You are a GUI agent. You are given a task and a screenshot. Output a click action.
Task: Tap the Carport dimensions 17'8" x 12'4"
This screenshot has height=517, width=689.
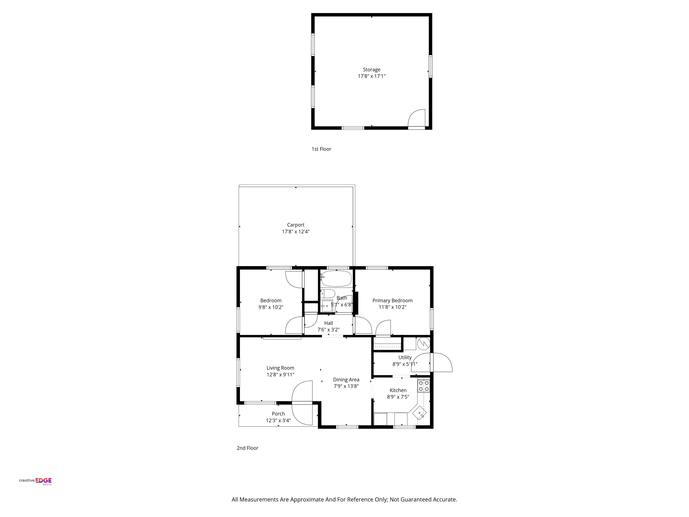[296, 232]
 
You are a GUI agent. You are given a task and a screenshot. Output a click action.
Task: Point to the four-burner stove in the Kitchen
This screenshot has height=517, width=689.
[424, 386]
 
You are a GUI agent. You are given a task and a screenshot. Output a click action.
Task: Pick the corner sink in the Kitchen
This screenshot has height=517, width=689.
[419, 413]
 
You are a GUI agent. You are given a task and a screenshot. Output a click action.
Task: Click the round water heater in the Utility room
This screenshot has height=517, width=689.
[424, 344]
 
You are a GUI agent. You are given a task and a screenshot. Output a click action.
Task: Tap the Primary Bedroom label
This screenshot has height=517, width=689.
[392, 300]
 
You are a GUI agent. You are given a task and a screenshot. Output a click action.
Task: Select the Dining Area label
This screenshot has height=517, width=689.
[346, 380]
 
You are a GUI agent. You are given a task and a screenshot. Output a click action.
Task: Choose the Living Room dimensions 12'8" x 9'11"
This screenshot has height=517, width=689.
[280, 375]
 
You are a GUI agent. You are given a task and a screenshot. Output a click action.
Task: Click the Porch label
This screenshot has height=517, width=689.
[278, 414]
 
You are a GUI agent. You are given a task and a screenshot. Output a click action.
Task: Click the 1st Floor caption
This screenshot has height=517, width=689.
[321, 149]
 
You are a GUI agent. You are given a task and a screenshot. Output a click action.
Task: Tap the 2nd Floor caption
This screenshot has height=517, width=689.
[247, 448]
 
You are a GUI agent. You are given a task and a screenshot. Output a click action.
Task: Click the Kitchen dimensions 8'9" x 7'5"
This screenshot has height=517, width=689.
[398, 397]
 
